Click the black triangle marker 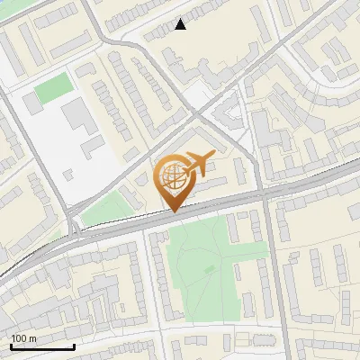point(181,24)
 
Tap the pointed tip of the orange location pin point(174,211)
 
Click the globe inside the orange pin point(173,177)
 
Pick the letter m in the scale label point(32,338)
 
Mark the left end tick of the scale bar point(11,346)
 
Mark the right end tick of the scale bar point(74,346)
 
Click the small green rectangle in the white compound point(52,87)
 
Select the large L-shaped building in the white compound point(76,114)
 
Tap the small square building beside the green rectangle point(31,103)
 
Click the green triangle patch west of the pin point(108,209)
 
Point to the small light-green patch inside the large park point(210,268)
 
